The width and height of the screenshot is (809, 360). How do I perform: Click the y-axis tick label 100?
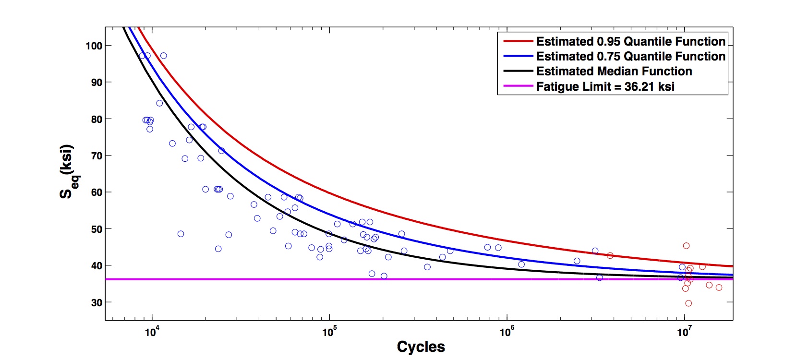[x=94, y=46]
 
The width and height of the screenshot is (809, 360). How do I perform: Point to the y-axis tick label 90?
[x=96, y=83]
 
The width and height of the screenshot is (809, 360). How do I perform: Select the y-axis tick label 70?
[x=96, y=156]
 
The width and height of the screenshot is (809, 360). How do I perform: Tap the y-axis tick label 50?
[x=96, y=229]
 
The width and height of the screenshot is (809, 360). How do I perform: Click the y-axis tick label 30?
[x=96, y=302]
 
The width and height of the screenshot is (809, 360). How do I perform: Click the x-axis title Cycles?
[x=421, y=347]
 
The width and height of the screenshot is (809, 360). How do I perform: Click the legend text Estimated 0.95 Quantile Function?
[x=630, y=41]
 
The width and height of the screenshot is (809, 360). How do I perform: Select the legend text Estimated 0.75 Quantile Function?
[x=630, y=56]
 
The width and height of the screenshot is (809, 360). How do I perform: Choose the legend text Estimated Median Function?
[x=614, y=72]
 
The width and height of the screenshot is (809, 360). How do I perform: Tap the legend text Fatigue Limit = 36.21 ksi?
[x=605, y=87]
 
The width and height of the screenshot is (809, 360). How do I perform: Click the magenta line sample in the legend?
[x=518, y=86]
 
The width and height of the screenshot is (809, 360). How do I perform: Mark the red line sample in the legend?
[x=518, y=41]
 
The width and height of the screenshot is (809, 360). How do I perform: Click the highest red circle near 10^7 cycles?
[x=686, y=246]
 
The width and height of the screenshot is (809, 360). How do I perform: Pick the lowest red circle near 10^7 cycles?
[x=688, y=303]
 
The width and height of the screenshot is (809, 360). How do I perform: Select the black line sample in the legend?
[x=518, y=71]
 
